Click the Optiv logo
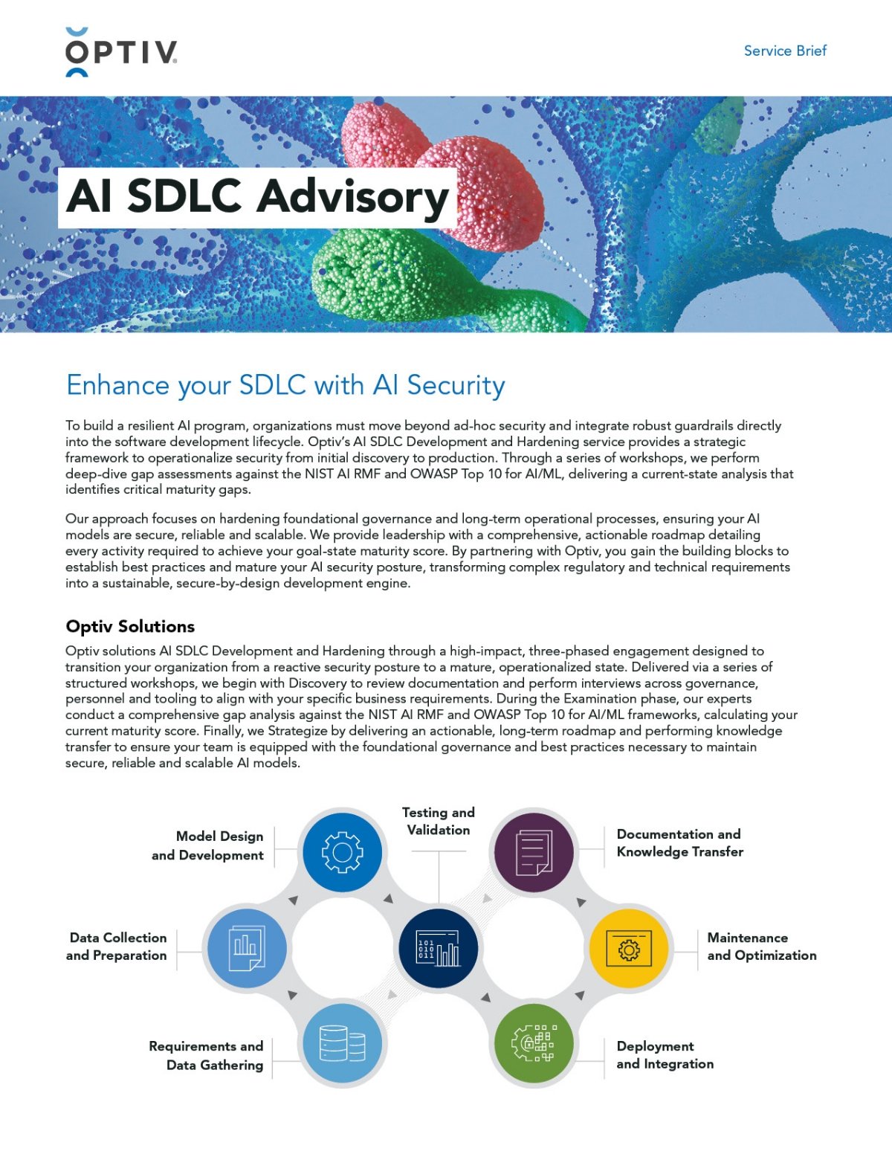click(x=121, y=52)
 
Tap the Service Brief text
click(x=785, y=51)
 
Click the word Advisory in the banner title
click(x=352, y=197)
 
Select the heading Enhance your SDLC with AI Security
click(x=285, y=385)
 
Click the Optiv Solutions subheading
click(x=130, y=626)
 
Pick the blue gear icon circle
click(x=342, y=852)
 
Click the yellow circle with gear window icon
click(x=629, y=949)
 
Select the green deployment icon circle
click(x=534, y=1044)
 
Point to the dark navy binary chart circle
click(x=438, y=949)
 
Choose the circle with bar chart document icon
click(x=246, y=949)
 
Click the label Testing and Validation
click(x=439, y=821)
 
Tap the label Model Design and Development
click(x=208, y=845)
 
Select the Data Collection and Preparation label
click(x=117, y=947)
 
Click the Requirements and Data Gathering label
click(x=207, y=1055)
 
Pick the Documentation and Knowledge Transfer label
click(x=679, y=842)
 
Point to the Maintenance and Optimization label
click(x=761, y=947)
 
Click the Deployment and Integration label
click(x=665, y=1054)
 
